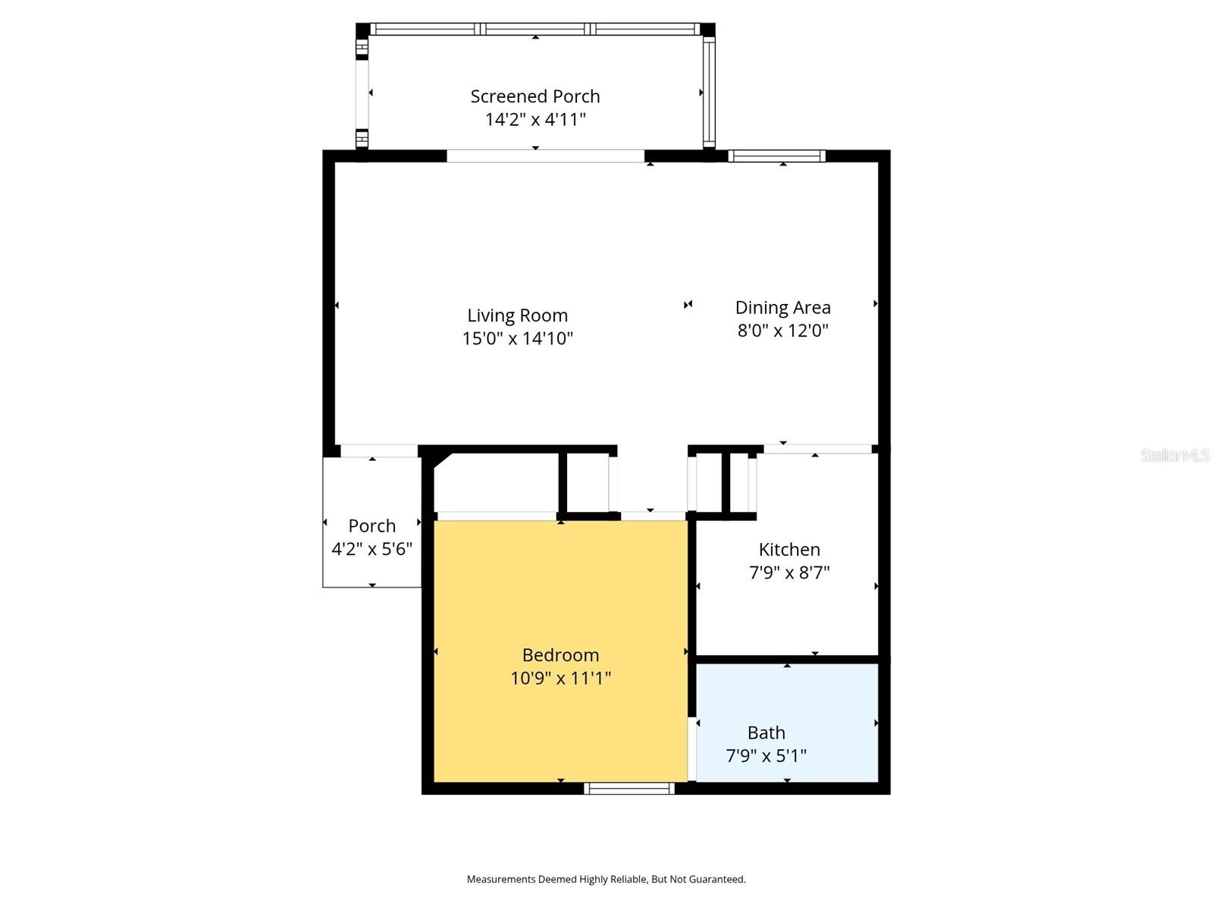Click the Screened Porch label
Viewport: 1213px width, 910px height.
(535, 96)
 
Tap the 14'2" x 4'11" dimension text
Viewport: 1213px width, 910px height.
(535, 119)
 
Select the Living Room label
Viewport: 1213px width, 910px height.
(517, 315)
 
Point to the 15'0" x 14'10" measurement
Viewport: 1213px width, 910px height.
(517, 338)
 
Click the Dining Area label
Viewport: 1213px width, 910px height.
(782, 307)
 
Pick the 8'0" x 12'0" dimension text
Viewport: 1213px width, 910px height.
(782, 330)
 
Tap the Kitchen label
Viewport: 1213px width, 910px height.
(789, 549)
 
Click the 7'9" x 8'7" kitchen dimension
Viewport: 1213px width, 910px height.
(789, 572)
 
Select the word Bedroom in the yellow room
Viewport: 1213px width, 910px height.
(560, 654)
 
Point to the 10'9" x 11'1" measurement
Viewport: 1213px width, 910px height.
(560, 677)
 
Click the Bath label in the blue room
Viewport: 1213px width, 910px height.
(766, 733)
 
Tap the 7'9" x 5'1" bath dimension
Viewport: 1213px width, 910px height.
(766, 755)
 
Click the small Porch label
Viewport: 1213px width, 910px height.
(371, 526)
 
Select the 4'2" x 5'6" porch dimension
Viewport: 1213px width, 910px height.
(371, 548)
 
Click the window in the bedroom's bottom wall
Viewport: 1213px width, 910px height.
(629, 789)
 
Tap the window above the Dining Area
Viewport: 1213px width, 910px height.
(777, 156)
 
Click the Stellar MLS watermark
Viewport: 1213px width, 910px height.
(1174, 455)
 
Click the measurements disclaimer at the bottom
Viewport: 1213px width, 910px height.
(606, 879)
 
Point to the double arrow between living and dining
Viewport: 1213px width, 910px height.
(688, 304)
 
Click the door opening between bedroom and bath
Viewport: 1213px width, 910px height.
(692, 749)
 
